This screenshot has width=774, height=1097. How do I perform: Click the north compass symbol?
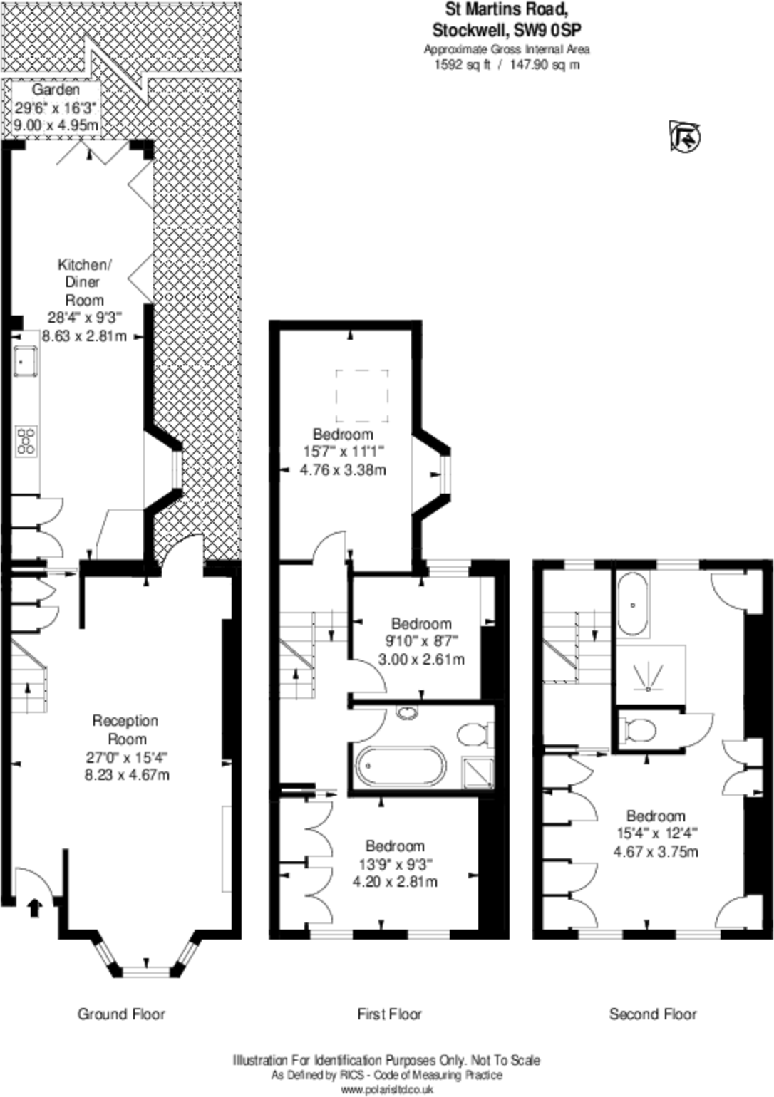[x=685, y=136]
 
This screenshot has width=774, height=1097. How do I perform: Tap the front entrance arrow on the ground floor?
[x=33, y=908]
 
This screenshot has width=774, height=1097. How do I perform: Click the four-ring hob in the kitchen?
[x=26, y=440]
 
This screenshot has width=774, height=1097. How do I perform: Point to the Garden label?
[x=56, y=90]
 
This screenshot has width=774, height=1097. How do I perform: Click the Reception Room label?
[x=125, y=729]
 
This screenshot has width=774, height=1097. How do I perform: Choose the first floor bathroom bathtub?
[x=400, y=766]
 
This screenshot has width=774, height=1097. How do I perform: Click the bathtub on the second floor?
[x=633, y=605]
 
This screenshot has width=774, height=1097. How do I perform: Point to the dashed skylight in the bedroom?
[x=362, y=396]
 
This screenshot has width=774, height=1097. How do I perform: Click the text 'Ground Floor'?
[x=121, y=1014]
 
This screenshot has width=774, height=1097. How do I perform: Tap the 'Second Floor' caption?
[x=653, y=1014]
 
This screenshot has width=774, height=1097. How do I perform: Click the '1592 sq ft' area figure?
[x=463, y=64]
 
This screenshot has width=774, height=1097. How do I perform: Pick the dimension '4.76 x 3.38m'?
[x=344, y=470]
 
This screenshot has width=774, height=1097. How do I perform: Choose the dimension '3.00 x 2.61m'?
[x=421, y=660]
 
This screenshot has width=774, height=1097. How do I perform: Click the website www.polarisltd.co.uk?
[x=387, y=1089]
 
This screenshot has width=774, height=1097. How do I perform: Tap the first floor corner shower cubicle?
[x=478, y=772]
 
